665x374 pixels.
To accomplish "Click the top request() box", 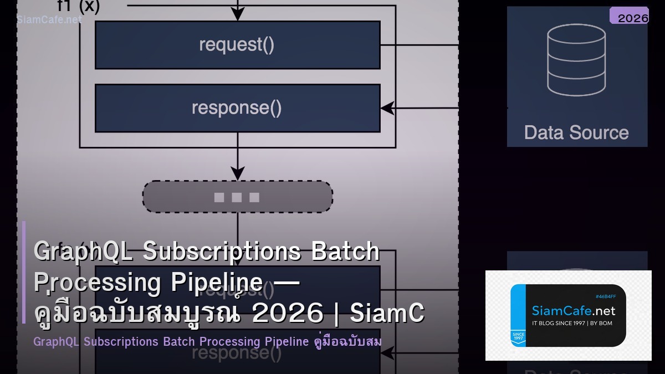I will click(237, 45).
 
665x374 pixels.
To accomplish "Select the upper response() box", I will click(237, 108).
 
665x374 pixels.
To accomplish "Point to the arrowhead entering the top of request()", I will click(237, 16).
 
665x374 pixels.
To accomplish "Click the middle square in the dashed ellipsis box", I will click(237, 197).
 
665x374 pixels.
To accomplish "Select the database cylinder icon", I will click(576, 60).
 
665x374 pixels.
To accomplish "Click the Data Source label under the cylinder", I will click(576, 133).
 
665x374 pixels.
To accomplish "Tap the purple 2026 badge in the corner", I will click(630, 17).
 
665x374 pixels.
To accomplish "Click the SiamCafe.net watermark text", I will click(49, 19).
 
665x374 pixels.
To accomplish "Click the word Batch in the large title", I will click(345, 252).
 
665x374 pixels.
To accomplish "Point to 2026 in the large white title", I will click(287, 313).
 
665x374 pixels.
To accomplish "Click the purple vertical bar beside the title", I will click(24, 271).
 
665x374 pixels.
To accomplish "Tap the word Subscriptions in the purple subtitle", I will click(121, 341).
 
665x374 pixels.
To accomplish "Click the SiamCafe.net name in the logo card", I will click(574, 310).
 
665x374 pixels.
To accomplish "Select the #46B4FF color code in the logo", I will click(605, 296).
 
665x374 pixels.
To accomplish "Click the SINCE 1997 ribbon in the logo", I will click(518, 337).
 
